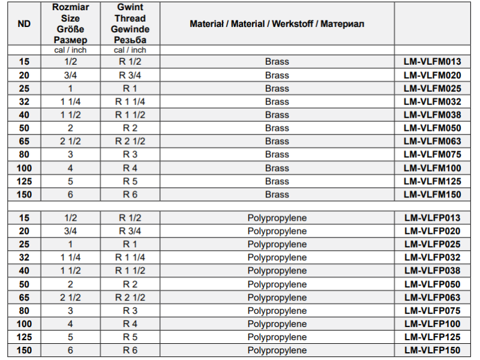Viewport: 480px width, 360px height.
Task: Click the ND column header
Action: tap(24, 24)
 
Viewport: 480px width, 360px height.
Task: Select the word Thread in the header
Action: tap(130, 19)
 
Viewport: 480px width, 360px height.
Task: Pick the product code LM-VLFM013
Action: tap(433, 62)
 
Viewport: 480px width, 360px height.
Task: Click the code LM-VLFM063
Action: tap(433, 142)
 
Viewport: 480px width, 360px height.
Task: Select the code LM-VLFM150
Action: tap(433, 194)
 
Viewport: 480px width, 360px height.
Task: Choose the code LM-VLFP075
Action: tap(433, 311)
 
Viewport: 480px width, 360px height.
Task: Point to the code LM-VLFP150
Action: tap(433, 350)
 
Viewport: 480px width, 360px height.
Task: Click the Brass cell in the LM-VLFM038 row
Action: tap(277, 115)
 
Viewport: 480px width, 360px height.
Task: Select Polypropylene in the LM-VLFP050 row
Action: tap(277, 284)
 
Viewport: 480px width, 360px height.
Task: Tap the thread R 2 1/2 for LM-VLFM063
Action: tap(130, 142)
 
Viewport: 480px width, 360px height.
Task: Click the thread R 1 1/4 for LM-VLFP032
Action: tap(130, 258)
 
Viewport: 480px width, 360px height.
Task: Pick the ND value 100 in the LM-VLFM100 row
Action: tap(24, 168)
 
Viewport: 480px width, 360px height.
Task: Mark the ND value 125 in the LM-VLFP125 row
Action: tap(24, 337)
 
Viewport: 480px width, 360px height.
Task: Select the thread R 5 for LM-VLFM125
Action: tap(130, 181)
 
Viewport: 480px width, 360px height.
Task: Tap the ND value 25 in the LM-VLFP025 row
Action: tap(24, 245)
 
